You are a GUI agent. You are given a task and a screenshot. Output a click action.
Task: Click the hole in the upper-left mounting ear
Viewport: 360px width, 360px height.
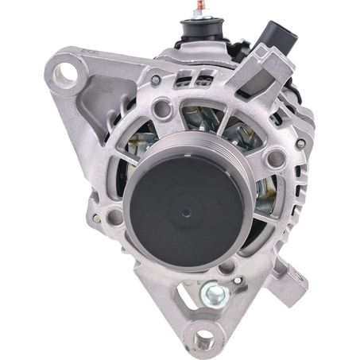68,75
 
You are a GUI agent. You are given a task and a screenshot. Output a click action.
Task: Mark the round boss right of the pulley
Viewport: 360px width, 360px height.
274,158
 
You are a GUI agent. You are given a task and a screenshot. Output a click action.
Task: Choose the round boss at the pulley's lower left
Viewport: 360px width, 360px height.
115,216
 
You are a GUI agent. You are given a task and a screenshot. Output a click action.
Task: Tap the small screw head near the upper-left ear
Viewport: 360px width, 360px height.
156,79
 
